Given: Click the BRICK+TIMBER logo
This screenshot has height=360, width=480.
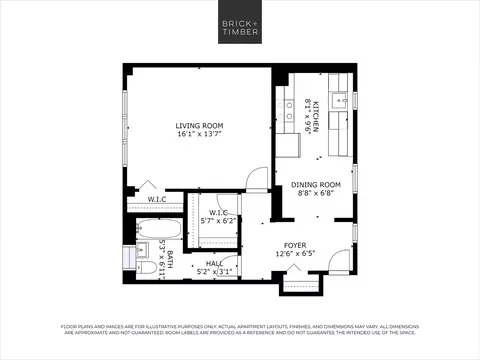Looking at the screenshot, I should point(240,28).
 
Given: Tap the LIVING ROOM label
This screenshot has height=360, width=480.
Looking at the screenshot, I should point(199,125).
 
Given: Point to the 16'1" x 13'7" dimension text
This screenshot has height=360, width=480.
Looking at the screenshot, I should point(199,134).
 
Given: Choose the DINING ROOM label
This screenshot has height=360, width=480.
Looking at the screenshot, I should point(316,185).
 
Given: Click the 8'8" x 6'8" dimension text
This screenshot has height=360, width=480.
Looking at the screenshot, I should point(316,194).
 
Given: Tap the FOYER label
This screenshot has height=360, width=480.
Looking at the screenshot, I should point(295,244).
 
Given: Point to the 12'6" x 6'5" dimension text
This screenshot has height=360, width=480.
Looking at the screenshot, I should point(295,253).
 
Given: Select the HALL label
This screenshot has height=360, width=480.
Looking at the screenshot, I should point(214,262).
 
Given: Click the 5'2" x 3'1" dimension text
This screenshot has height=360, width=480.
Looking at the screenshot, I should point(214,271).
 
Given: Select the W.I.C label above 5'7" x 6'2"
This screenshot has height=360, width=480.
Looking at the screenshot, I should point(219,212).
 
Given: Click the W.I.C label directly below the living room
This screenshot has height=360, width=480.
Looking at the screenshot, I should point(157,199).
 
